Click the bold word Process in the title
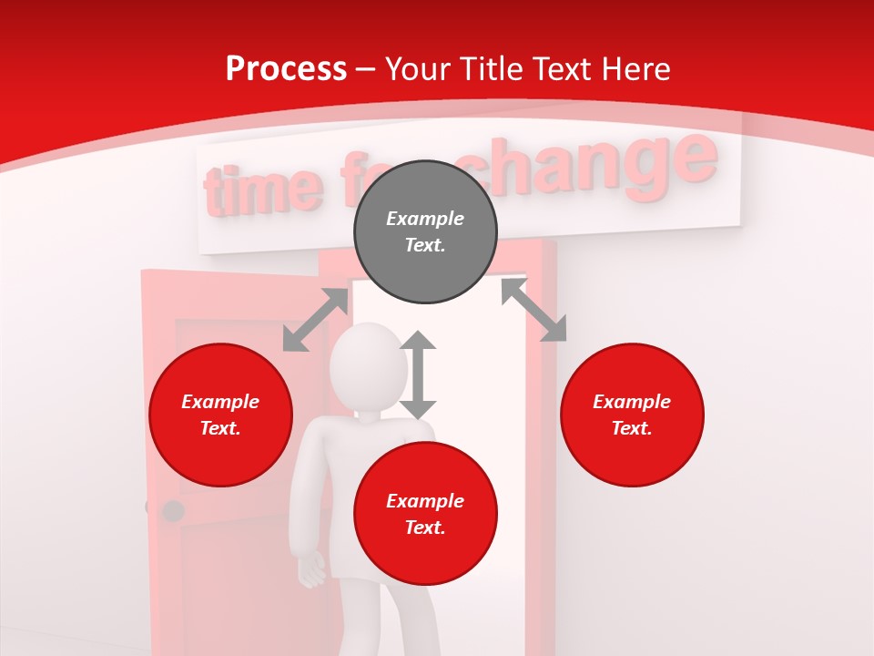click(286, 69)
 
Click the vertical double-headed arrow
click(418, 374)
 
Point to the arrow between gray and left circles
click(315, 320)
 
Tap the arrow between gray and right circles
click(534, 310)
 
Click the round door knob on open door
click(172, 510)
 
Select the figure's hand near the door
click(312, 570)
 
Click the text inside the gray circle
click(425, 231)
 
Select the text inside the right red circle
click(632, 415)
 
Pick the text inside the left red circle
click(220, 415)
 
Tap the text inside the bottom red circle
click(425, 514)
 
